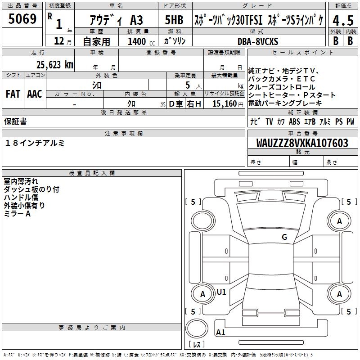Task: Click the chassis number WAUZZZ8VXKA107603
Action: (x=302, y=143)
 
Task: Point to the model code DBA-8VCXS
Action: (x=258, y=41)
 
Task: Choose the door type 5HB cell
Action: (x=174, y=20)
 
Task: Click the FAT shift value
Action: (x=13, y=94)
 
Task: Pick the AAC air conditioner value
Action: (x=34, y=94)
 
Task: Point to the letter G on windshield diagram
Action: (x=284, y=237)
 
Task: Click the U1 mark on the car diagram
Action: (x=221, y=292)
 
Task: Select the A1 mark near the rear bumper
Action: (x=220, y=333)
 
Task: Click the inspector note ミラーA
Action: (x=17, y=214)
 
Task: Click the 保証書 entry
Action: (x=15, y=121)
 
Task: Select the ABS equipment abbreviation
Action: (x=294, y=121)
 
